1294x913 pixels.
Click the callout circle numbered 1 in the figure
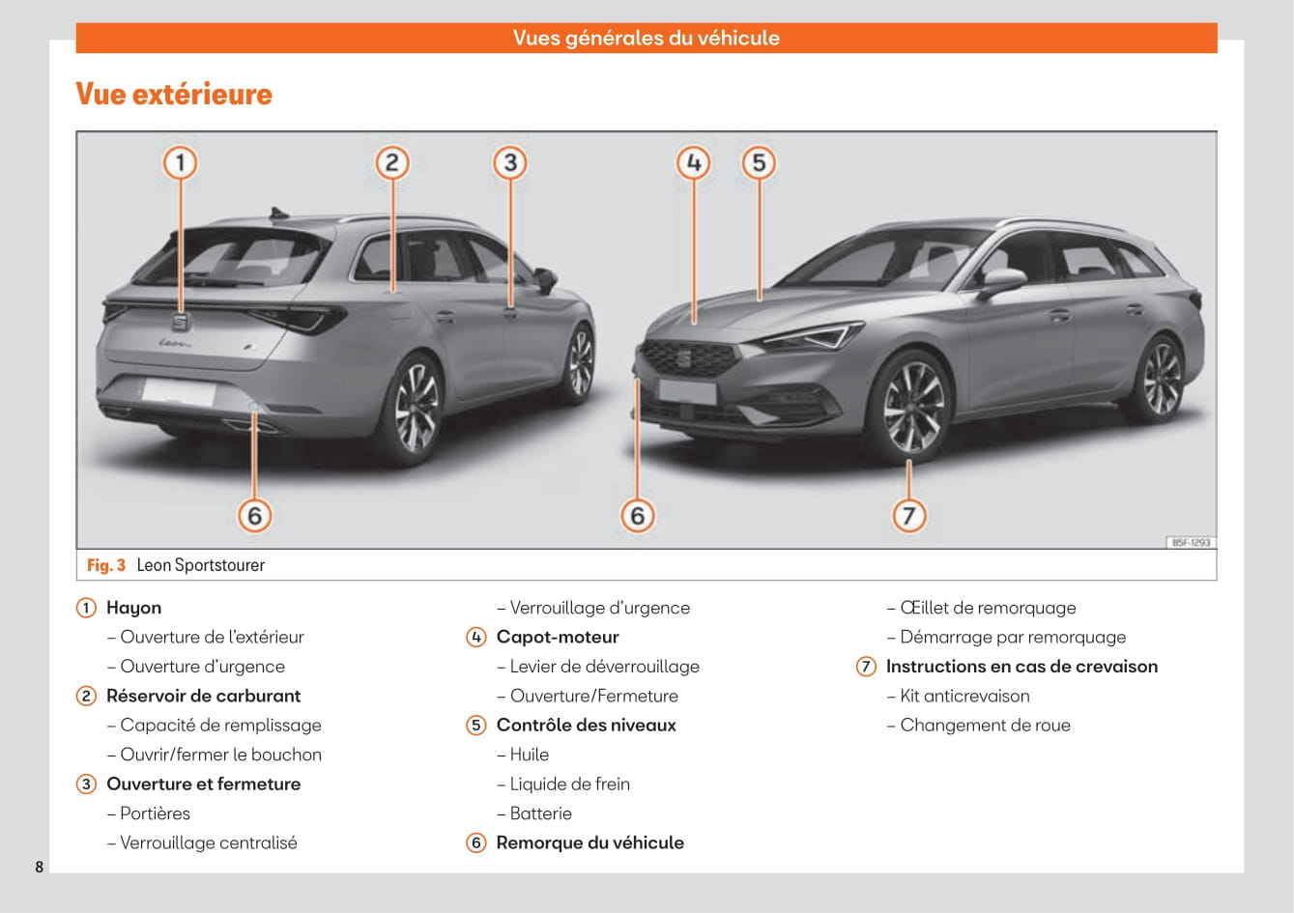(180, 162)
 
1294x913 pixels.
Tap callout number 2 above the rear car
(391, 162)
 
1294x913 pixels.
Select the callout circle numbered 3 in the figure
(510, 162)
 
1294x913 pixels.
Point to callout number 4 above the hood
(693, 162)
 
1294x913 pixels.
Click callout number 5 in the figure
(759, 162)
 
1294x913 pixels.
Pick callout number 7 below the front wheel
(908, 515)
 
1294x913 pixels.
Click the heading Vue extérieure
(174, 95)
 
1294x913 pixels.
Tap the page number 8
(39, 867)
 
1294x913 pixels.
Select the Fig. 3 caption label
(106, 565)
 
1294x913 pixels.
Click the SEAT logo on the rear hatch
(181, 323)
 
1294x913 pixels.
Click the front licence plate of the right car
(686, 391)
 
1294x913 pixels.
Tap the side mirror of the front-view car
(1002, 280)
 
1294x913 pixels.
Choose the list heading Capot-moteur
(558, 638)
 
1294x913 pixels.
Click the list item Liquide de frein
(569, 785)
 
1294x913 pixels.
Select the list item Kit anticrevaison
(964, 697)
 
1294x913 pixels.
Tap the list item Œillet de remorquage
(988, 609)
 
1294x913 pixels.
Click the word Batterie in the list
(541, 813)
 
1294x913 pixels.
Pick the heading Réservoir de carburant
(203, 697)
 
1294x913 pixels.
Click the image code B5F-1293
(1191, 543)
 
